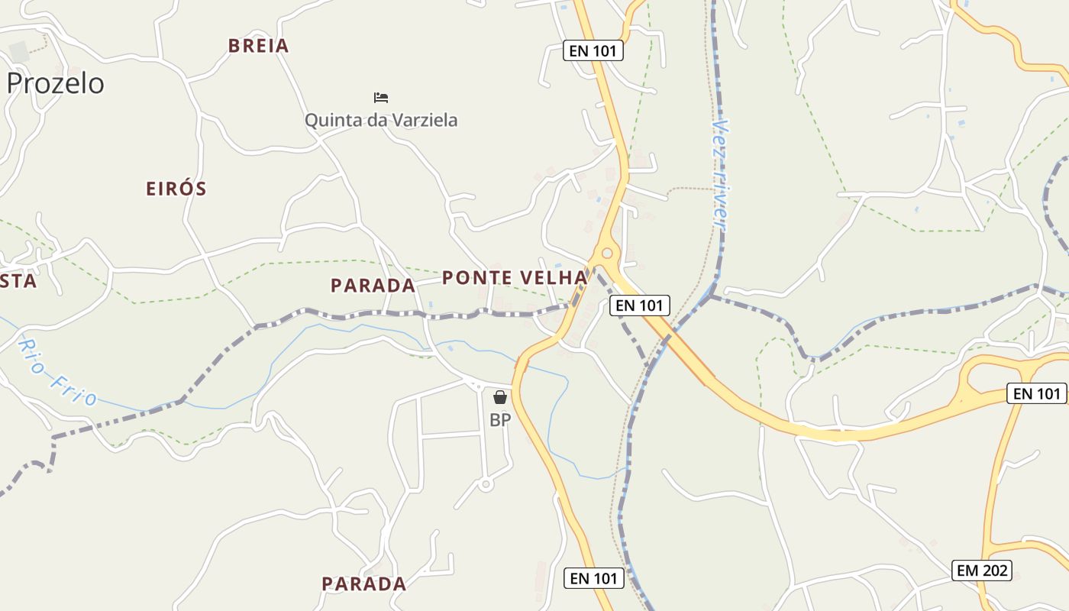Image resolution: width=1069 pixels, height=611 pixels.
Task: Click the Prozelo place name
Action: (55, 83)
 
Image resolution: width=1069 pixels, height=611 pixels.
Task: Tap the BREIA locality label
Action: (259, 46)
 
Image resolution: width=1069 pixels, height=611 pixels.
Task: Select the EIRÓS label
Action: (176, 189)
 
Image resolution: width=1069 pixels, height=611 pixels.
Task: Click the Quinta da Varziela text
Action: (381, 120)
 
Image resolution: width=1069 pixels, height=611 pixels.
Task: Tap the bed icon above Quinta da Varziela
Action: (381, 98)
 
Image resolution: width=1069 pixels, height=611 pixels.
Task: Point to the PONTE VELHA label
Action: (515, 277)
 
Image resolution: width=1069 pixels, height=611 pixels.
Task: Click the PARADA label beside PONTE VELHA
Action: (373, 286)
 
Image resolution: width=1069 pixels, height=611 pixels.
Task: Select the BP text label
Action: (500, 420)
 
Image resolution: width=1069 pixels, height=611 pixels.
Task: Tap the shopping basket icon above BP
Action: (500, 397)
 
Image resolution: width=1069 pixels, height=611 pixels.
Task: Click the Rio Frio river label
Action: (57, 372)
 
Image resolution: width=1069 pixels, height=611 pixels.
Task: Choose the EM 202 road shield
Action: (983, 570)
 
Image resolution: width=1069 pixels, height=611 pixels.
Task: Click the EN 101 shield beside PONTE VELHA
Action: (640, 305)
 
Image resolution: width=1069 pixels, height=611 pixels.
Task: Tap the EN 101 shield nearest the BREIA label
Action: (593, 51)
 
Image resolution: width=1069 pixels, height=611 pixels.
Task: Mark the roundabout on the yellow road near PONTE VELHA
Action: (607, 253)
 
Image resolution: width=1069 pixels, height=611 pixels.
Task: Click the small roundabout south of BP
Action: (485, 484)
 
